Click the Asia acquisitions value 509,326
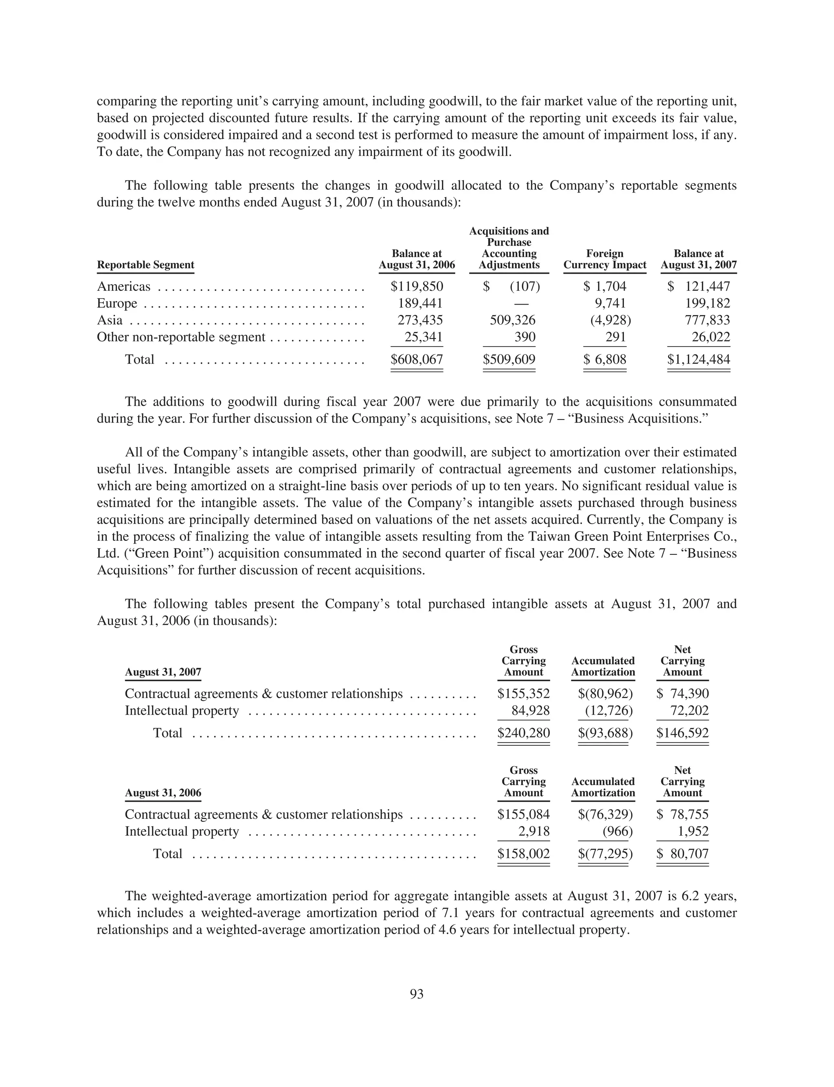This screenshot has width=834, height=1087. pos(512,321)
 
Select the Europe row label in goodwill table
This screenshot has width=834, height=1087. pos(117,304)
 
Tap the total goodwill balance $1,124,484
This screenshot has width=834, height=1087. pos(698,359)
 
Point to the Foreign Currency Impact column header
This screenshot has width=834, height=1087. pos(605,259)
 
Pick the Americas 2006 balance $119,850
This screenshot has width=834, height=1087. pos(417,287)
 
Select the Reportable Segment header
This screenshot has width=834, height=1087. pos(145,265)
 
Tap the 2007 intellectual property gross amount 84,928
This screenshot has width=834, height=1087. pos(530,711)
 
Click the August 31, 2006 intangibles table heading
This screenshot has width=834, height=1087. pos(163,793)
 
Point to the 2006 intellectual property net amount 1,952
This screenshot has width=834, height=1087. pos(693,831)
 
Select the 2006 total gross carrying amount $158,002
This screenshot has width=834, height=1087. pos(523,854)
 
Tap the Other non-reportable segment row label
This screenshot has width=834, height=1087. pos(181,338)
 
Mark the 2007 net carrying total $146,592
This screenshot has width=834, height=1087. pos(682,733)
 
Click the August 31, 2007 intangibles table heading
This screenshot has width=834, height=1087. pos(163,672)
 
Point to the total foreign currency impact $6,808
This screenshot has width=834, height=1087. pos(605,359)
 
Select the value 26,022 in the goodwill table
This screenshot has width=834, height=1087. pos(711,338)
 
